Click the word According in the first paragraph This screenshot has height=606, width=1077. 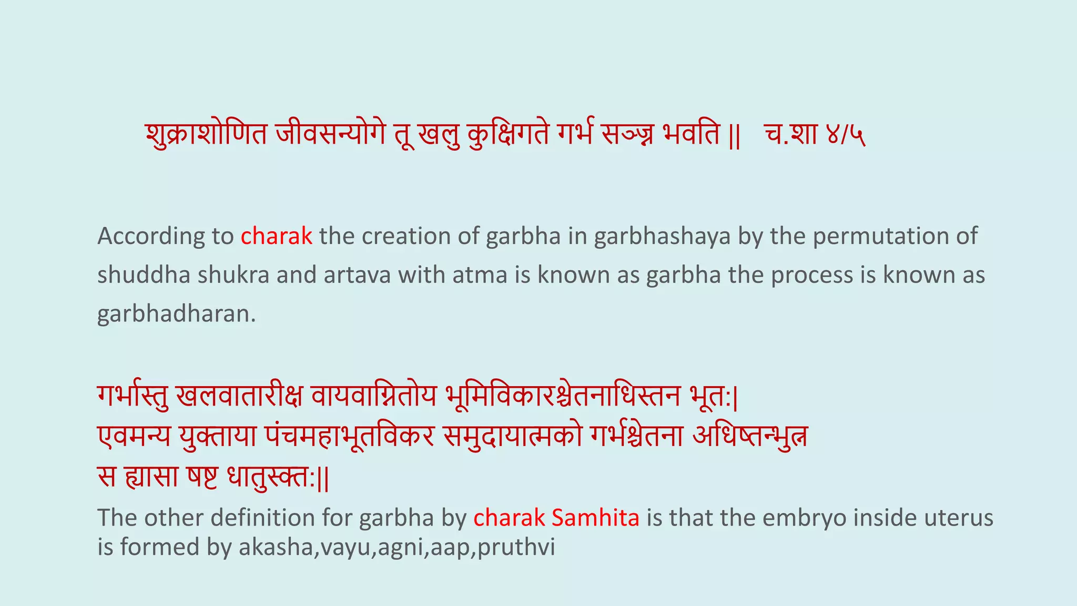click(x=151, y=236)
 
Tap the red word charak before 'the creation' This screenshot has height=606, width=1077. click(x=277, y=236)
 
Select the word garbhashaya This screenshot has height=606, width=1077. click(x=663, y=236)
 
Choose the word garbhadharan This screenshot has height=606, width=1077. click(x=176, y=314)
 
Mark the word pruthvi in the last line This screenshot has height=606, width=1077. click(x=516, y=547)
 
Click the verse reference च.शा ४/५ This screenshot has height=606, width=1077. click(x=814, y=135)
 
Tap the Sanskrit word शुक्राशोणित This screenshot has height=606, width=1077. click(x=206, y=135)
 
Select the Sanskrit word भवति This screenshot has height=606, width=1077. click(x=691, y=135)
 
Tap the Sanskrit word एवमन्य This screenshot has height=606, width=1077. click(x=134, y=436)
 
